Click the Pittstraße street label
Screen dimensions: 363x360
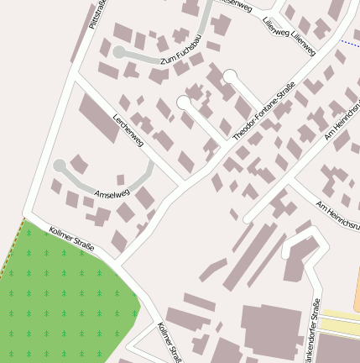pyautogui.click(x=99, y=16)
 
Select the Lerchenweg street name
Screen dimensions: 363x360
pyautogui.click(x=128, y=130)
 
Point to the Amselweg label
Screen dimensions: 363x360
pyautogui.click(x=112, y=194)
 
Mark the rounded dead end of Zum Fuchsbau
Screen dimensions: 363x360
pyautogui.click(x=119, y=52)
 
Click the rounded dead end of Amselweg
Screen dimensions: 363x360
pyautogui.click(x=60, y=166)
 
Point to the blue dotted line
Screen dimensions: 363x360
pyautogui.click(x=351, y=42)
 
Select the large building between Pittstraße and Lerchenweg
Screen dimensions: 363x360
pyautogui.click(x=98, y=118)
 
